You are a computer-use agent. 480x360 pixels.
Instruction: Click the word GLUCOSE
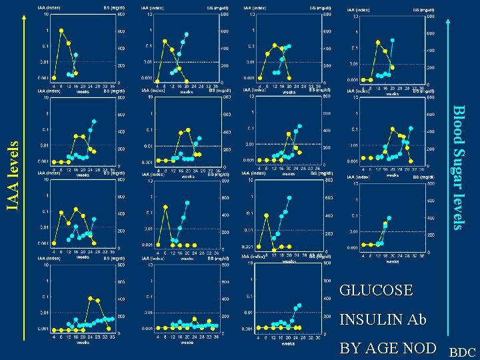click(376, 291)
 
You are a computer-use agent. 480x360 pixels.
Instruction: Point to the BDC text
click(463, 351)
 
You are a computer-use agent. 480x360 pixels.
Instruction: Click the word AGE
click(391, 349)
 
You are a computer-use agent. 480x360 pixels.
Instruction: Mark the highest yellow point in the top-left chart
click(61, 30)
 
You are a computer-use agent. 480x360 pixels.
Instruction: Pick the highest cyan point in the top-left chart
click(75, 55)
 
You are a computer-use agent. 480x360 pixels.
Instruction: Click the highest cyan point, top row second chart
click(187, 34)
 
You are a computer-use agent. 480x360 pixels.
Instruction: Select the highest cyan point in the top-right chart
click(393, 40)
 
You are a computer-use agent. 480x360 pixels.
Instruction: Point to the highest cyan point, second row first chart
click(94, 121)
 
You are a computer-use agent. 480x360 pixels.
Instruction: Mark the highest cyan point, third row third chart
click(289, 198)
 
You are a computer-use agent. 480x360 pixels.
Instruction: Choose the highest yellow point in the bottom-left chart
click(90, 298)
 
